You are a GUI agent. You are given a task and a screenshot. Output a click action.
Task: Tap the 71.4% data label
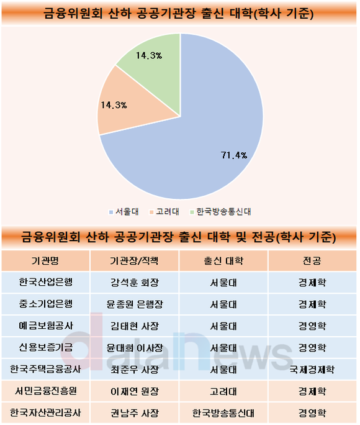tap(234, 155)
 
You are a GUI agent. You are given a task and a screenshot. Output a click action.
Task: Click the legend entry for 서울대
tap(124, 212)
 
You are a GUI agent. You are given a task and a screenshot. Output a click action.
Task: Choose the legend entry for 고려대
tap(164, 212)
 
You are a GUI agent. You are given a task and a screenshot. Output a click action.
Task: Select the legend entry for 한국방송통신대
tap(220, 212)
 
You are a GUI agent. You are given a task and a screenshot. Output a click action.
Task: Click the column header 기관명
tap(45, 261)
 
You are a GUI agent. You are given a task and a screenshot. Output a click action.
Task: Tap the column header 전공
tap(312, 261)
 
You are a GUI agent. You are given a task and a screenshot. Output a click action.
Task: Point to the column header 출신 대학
tap(223, 261)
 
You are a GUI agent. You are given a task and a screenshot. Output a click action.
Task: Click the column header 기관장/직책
tap(134, 261)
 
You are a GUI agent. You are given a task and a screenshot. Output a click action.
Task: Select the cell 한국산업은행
tap(45, 282)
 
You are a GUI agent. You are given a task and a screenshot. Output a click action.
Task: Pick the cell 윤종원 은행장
tap(135, 304)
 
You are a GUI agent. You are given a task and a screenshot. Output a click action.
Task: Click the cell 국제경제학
tap(312, 370)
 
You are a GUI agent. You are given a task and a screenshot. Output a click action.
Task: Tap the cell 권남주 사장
tap(135, 413)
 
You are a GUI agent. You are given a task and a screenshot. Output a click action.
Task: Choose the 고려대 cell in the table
tap(223, 391)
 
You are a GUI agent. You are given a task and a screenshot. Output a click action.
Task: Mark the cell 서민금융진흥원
tap(45, 391)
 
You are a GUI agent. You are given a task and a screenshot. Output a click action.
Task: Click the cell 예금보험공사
tap(45, 326)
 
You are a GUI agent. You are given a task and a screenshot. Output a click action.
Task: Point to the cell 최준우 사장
tap(135, 370)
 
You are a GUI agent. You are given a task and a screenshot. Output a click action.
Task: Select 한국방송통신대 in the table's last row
tap(223, 413)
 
